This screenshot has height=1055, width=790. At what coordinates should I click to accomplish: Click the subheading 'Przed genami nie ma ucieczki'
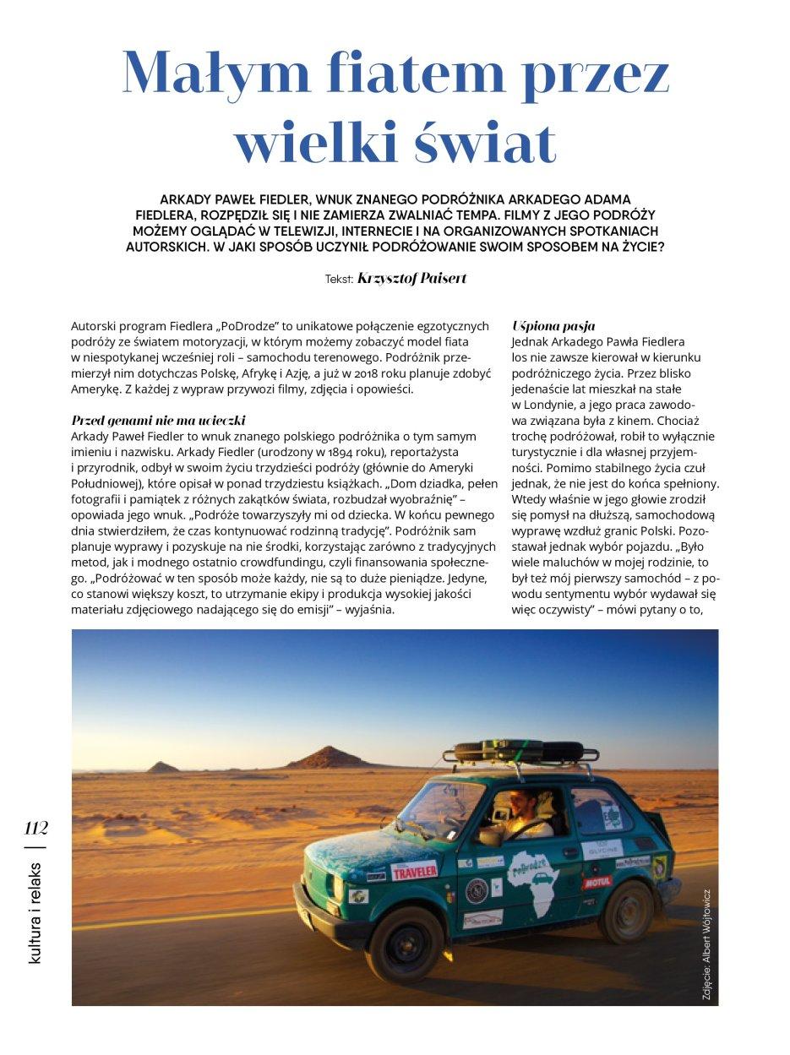[162, 420]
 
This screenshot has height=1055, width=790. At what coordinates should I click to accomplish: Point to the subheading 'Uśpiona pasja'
[553, 325]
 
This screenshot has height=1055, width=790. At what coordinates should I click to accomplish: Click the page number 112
[36, 828]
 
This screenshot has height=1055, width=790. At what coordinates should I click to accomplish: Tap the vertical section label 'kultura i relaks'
[35, 913]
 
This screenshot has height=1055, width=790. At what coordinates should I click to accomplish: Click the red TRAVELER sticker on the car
[414, 869]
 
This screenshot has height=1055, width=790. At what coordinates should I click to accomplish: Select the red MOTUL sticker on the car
[596, 883]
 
